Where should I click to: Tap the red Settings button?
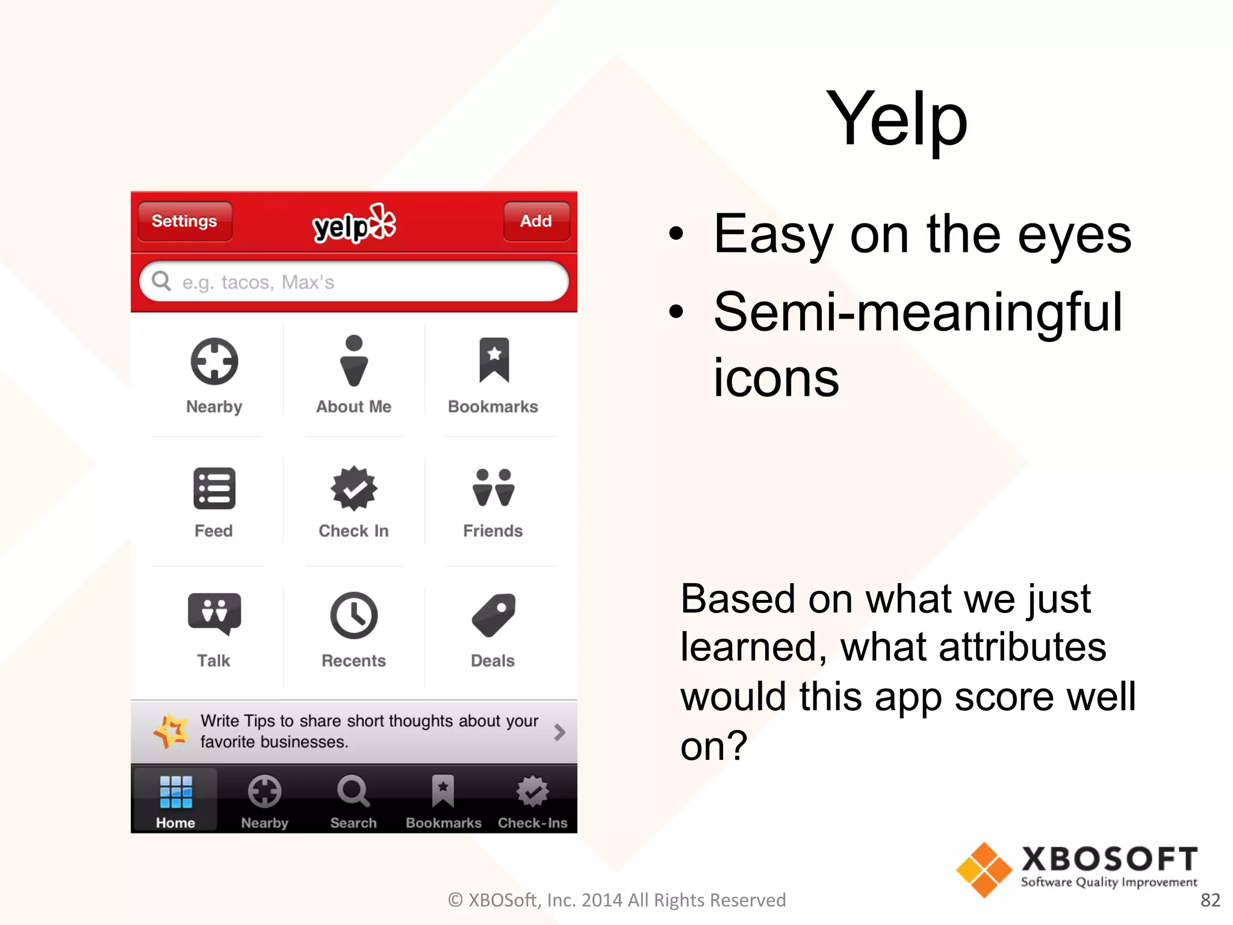click(x=184, y=221)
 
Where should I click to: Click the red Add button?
click(x=536, y=221)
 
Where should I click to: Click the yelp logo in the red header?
click(x=354, y=224)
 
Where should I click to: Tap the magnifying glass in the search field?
click(x=161, y=281)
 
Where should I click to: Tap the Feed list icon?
click(x=214, y=488)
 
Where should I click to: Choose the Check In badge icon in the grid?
click(x=354, y=488)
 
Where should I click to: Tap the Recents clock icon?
click(x=354, y=615)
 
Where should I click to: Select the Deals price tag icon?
click(x=493, y=615)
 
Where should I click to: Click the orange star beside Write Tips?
click(x=171, y=731)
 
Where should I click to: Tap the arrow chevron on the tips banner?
click(x=559, y=732)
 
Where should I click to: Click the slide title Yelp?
click(x=896, y=119)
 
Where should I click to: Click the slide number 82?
click(x=1210, y=900)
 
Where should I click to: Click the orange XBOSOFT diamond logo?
click(x=984, y=870)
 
